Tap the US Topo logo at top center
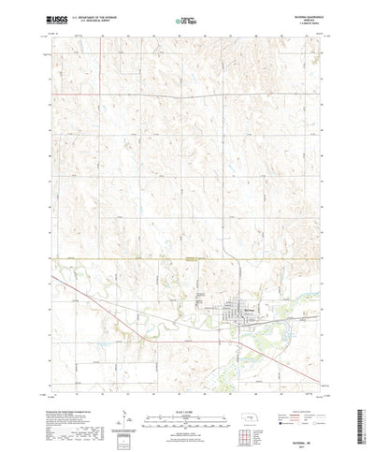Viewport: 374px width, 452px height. tap(186, 18)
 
